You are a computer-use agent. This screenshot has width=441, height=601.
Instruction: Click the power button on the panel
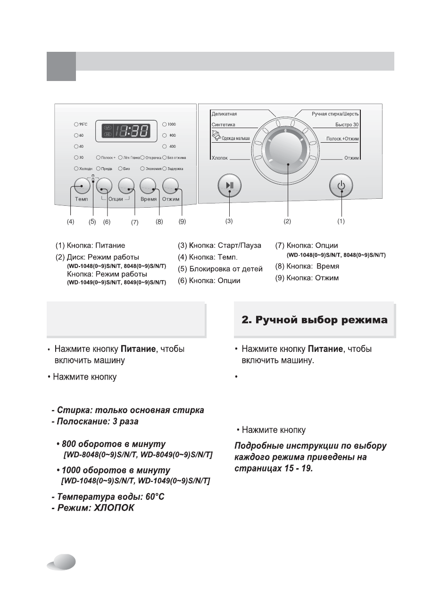pyautogui.click(x=341, y=185)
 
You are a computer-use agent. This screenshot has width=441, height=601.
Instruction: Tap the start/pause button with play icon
pyautogui.click(x=230, y=185)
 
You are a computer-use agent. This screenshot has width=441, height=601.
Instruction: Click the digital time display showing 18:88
pyautogui.click(x=126, y=131)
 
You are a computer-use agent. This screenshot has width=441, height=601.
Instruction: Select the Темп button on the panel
pyautogui.click(x=82, y=186)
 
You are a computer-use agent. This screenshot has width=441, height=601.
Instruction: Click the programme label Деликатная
pyautogui.click(x=225, y=114)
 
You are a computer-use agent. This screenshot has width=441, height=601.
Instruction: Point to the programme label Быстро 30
pyautogui.click(x=347, y=125)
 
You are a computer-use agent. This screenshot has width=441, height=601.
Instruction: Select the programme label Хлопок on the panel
pyautogui.click(x=220, y=158)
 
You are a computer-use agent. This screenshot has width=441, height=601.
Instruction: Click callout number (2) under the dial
pyautogui.click(x=287, y=220)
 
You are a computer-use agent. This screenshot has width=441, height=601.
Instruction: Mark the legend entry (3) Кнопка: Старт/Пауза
pyautogui.click(x=219, y=246)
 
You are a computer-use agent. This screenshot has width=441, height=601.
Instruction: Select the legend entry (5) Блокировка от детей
pyautogui.click(x=220, y=269)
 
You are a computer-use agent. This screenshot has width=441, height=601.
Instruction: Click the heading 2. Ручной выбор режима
pyautogui.click(x=315, y=320)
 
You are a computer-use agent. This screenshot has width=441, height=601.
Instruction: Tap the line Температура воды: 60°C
pyautogui.click(x=108, y=497)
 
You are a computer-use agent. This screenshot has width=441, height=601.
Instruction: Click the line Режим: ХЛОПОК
pyautogui.click(x=93, y=508)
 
